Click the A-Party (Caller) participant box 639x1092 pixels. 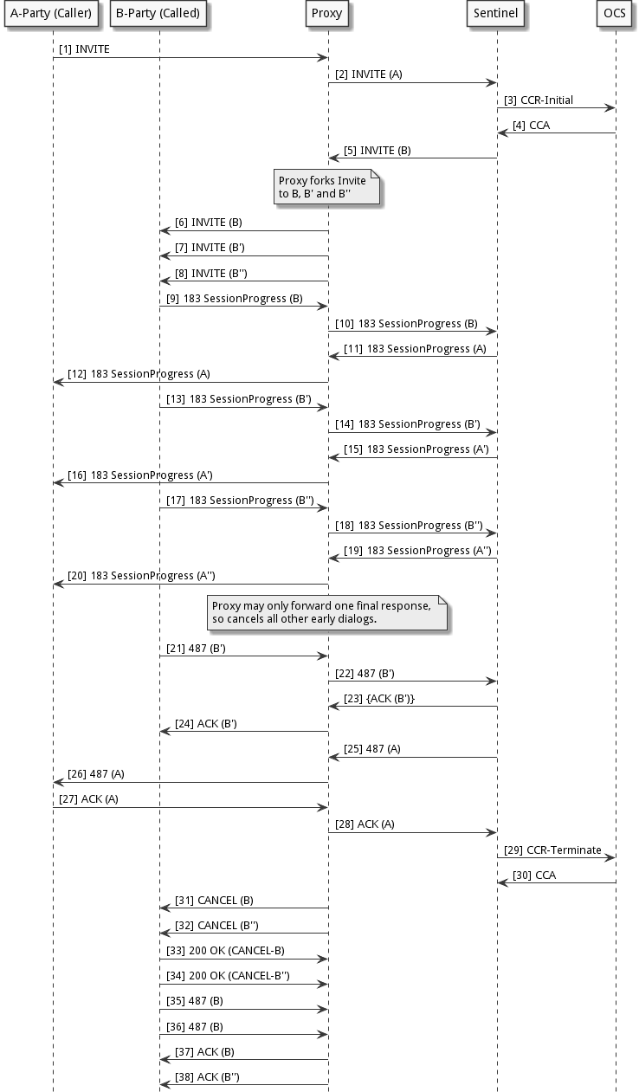point(51,14)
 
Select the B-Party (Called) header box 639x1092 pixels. point(158,14)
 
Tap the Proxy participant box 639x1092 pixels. point(327,14)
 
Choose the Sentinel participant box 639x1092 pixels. point(496,14)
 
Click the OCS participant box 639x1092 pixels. point(615,14)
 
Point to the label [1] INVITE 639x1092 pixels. point(84,49)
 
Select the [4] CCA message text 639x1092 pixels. point(531,126)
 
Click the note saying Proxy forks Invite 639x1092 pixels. point(326,187)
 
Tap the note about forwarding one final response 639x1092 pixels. point(326,612)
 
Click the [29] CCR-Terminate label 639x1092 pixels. point(552,850)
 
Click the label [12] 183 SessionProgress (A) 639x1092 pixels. point(138,374)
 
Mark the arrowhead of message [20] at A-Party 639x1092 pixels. point(58,585)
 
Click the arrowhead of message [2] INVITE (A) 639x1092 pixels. point(490,83)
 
